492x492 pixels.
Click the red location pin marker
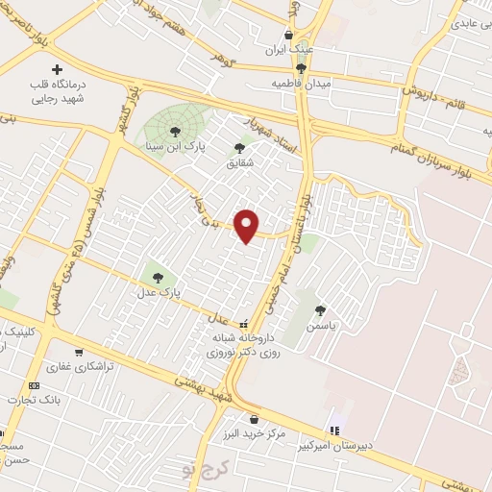(x=248, y=225)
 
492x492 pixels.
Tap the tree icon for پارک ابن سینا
(x=174, y=132)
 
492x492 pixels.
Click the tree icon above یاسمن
(x=320, y=309)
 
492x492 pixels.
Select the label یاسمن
(x=320, y=326)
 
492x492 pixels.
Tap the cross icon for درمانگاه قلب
(x=58, y=70)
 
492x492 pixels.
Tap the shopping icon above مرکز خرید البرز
(x=254, y=419)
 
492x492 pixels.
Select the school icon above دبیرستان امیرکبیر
(x=334, y=430)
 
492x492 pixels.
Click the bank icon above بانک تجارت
(x=36, y=384)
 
